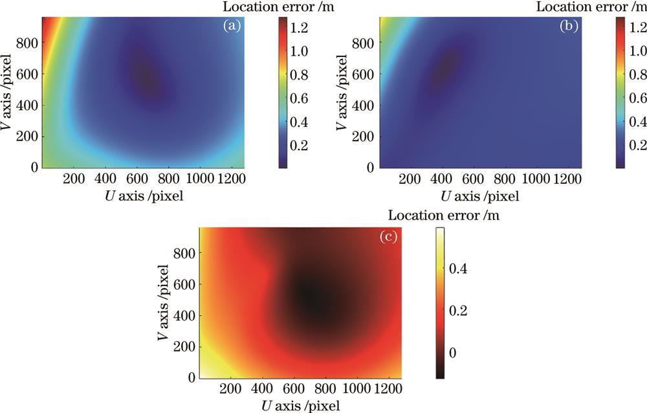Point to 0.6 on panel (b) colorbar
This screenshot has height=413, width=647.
633,98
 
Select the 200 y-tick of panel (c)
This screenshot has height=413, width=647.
188,346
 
